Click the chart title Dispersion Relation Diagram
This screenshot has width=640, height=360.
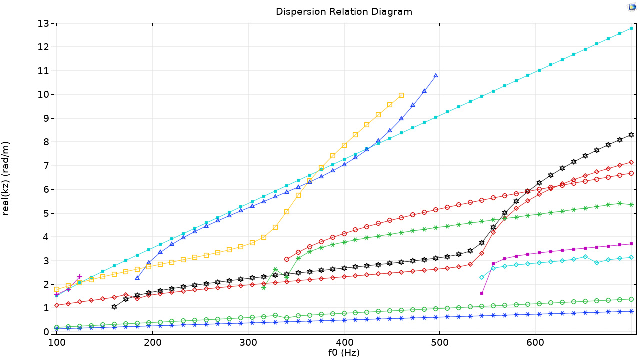pos(344,11)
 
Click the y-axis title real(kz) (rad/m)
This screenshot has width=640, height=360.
pos(6,178)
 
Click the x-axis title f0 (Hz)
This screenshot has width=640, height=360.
pos(344,352)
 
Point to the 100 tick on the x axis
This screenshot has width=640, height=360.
pos(56,342)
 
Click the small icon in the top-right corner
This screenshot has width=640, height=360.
pos(632,7)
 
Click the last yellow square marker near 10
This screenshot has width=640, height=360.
pos(401,95)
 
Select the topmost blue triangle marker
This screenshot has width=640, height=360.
pos(436,76)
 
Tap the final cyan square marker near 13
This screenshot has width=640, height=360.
pos(631,28)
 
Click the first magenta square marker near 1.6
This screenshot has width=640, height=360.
pos(482,293)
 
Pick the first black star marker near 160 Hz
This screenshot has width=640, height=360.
pos(114,307)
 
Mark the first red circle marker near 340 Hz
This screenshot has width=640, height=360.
pos(287,259)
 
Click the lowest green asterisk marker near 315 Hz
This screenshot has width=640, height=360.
pos(264,287)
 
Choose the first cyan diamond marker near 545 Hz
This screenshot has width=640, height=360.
pos(482,277)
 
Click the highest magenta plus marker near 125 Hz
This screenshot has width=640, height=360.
pos(80,277)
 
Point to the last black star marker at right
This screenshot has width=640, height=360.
pos(631,135)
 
